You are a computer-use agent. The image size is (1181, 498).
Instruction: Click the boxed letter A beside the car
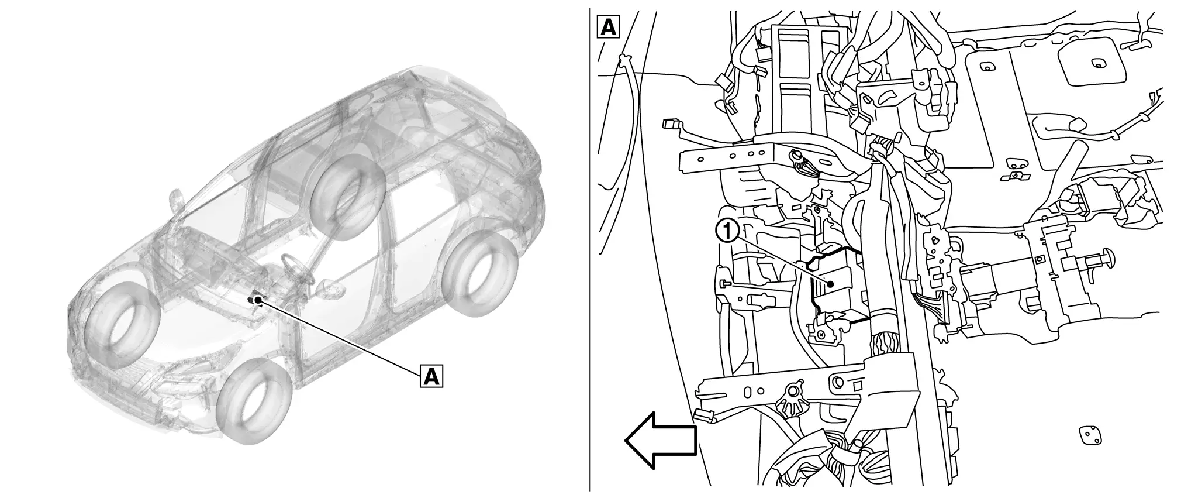(431, 376)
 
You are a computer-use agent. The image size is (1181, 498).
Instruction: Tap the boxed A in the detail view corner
(608, 27)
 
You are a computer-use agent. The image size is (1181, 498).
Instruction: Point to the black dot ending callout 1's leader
(830, 284)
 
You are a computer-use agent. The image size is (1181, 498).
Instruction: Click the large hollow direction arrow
(661, 441)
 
